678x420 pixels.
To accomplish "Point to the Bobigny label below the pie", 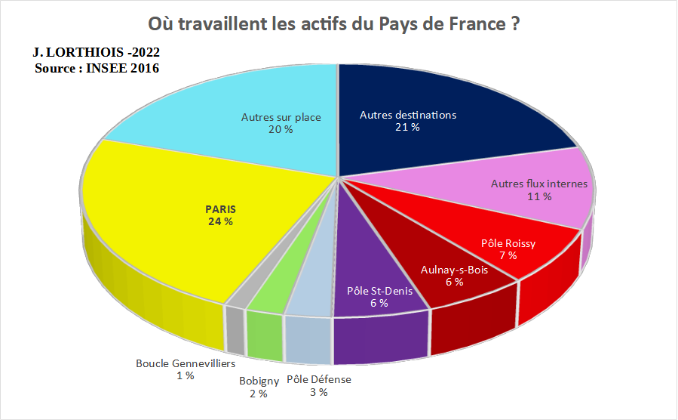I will click(259, 381).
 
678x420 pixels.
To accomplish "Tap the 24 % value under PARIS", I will click(220, 222).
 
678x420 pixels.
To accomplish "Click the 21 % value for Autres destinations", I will click(407, 128).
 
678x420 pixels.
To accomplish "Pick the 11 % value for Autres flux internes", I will click(538, 196).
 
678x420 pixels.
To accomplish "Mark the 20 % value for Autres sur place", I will click(281, 130).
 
